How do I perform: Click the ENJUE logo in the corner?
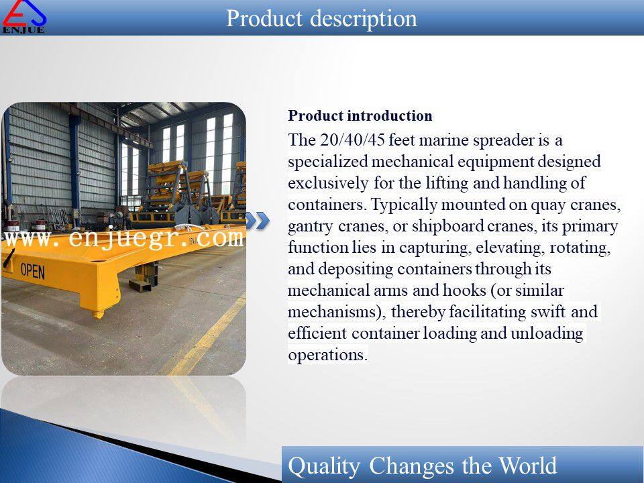24,16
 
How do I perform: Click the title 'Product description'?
321,19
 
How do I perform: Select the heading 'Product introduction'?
360,116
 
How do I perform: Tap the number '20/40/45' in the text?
352,140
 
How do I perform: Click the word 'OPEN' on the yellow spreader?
32,271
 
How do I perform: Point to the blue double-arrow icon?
258,221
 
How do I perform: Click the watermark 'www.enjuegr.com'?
125,239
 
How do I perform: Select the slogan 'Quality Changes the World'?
422,466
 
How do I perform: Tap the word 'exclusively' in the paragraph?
328,182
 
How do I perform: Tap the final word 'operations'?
327,355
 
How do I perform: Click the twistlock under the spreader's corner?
98,313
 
